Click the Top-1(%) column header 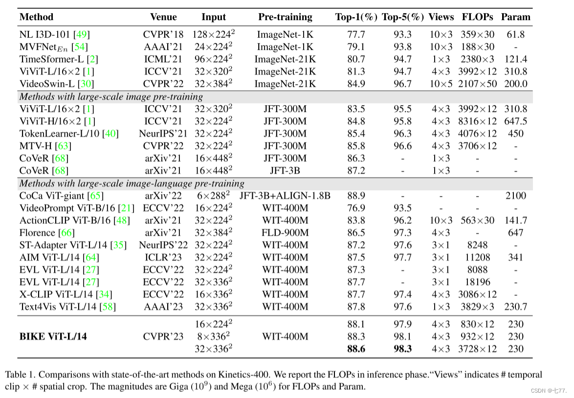pos(356,17)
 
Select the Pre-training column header pos(285,17)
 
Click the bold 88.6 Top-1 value pos(355,349)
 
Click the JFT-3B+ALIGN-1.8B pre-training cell pos(285,196)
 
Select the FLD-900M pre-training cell pos(285,233)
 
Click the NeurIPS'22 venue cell pos(164,245)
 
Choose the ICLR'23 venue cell pos(164,257)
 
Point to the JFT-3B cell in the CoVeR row pos(285,171)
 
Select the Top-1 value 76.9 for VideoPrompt pos(355,208)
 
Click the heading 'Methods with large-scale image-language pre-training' pos(132,183)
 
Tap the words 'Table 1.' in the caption pos(20,375)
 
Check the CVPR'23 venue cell pos(164,336)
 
